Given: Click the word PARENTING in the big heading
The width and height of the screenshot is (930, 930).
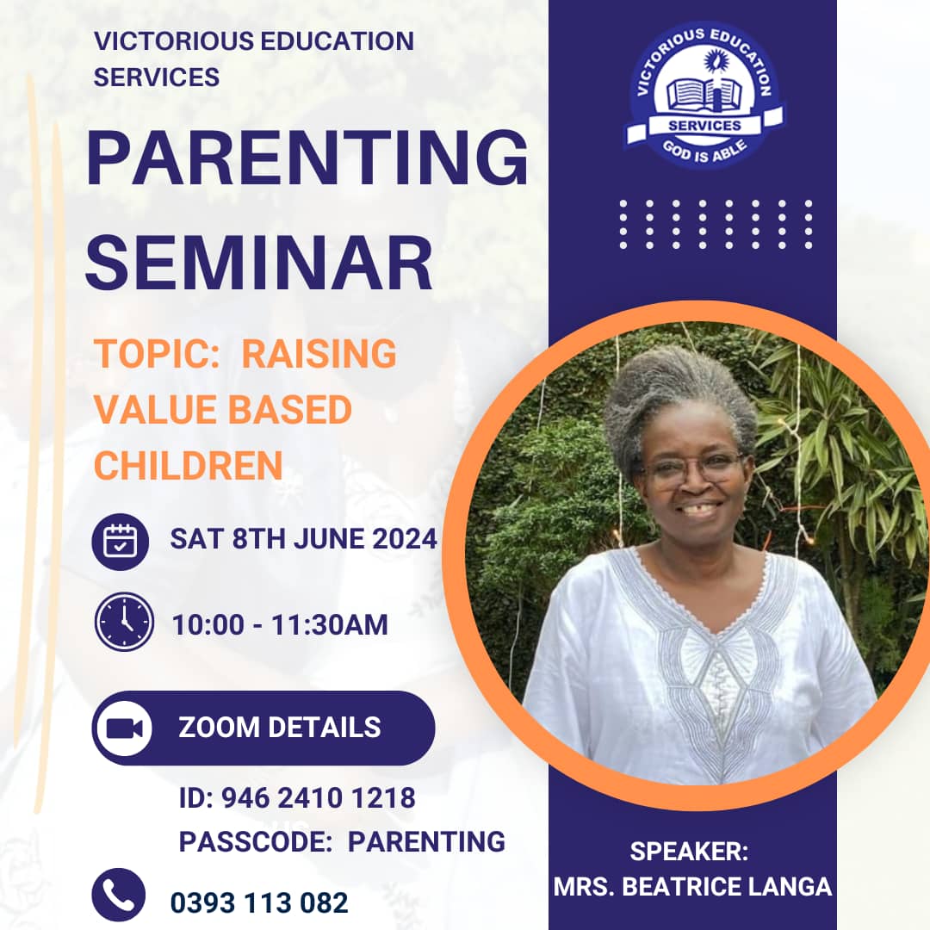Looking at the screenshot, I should point(307,162).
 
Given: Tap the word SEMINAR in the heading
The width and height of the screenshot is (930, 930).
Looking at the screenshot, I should point(258,264).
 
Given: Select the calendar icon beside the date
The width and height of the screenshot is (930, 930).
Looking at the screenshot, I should point(121,541).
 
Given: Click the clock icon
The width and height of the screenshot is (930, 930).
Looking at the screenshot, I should point(124,622).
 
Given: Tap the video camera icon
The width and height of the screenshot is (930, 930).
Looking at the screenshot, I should point(124,728).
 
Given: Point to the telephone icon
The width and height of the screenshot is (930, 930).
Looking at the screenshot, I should point(118,895).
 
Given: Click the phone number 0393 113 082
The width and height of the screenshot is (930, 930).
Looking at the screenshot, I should point(259,902).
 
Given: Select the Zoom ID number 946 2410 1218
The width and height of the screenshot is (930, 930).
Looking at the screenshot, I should point(318,798).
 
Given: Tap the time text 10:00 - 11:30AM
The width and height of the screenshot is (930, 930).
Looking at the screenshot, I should point(280,625).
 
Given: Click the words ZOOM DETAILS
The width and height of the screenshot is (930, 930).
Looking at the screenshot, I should point(279,727).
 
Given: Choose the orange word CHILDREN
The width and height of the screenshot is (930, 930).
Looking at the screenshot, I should point(188,466).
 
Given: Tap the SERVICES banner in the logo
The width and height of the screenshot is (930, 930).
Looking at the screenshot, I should point(704,126).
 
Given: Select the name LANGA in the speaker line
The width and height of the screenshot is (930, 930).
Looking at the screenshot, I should point(790,887).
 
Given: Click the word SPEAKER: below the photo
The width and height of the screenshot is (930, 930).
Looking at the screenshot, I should point(689,852).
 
